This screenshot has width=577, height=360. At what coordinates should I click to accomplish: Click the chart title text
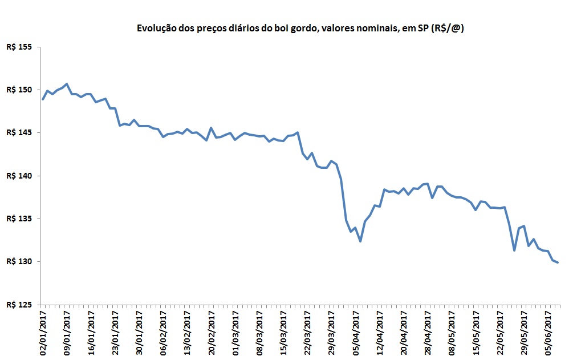pyautogui.click(x=299, y=28)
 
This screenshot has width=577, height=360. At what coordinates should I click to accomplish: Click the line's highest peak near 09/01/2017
pyautogui.click(x=67, y=84)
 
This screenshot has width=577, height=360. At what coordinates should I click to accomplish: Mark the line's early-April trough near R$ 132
pyautogui.click(x=360, y=241)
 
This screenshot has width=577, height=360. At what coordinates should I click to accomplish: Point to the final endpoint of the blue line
pyautogui.click(x=558, y=262)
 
